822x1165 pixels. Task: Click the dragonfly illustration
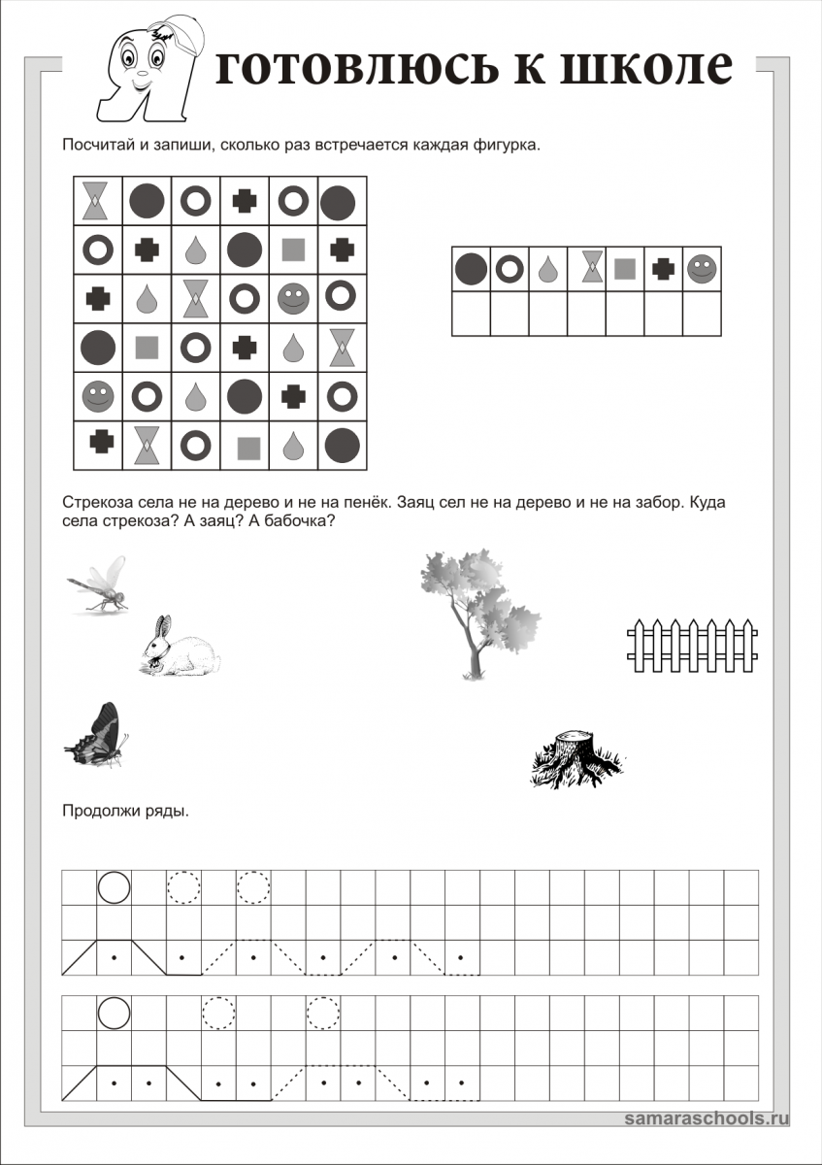[x=97, y=585]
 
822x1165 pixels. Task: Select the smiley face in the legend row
[x=701, y=268]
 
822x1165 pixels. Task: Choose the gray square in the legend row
[x=625, y=268]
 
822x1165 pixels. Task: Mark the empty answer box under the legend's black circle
[x=472, y=314]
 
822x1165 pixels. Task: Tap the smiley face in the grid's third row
[x=292, y=297]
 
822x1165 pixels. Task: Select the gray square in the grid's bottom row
[x=249, y=447]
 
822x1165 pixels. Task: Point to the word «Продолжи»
[x=96, y=812]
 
